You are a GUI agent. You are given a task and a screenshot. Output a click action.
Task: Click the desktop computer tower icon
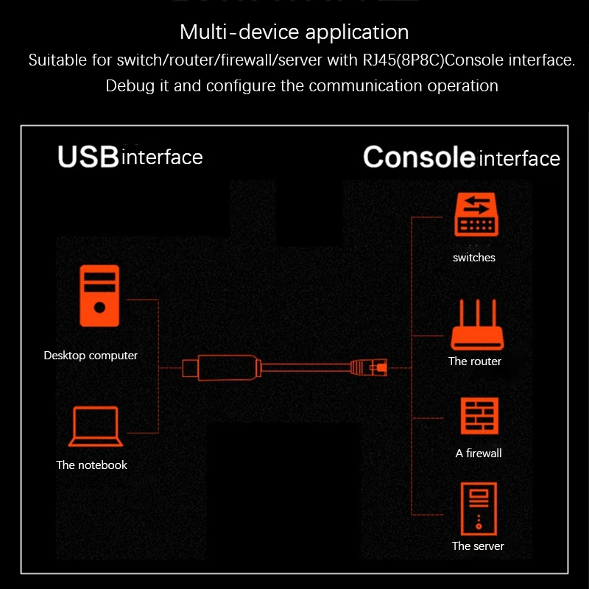click(x=99, y=296)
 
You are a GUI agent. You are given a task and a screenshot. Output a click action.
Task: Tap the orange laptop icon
click(x=96, y=426)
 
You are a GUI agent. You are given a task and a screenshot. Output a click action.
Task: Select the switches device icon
click(x=476, y=214)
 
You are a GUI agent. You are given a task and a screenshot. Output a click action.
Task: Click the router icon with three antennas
click(x=477, y=325)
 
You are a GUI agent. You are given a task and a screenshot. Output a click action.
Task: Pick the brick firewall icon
click(x=480, y=416)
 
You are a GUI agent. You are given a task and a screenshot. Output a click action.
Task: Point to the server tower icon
click(x=479, y=509)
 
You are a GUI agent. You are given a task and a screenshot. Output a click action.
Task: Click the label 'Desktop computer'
click(x=91, y=356)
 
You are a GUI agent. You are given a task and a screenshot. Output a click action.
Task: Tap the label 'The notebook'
click(x=91, y=465)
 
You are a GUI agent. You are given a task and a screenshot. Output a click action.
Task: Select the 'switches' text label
click(x=474, y=258)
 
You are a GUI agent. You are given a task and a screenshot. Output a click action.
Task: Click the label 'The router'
click(x=475, y=361)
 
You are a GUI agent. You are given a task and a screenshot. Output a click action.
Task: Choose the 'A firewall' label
click(x=479, y=454)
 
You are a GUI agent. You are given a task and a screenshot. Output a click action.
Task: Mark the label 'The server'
click(x=478, y=546)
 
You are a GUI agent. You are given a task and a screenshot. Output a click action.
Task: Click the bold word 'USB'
click(x=88, y=157)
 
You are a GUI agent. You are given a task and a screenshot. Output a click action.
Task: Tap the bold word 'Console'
click(x=419, y=157)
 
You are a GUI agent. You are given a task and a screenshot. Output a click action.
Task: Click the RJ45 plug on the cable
click(x=369, y=367)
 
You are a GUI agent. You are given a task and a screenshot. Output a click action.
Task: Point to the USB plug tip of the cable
click(x=191, y=368)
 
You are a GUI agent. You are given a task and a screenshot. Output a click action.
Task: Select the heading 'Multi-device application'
click(x=294, y=32)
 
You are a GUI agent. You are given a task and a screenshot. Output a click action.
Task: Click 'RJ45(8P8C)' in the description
click(x=403, y=60)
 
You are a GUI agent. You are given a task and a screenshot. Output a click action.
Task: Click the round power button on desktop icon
click(x=99, y=308)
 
